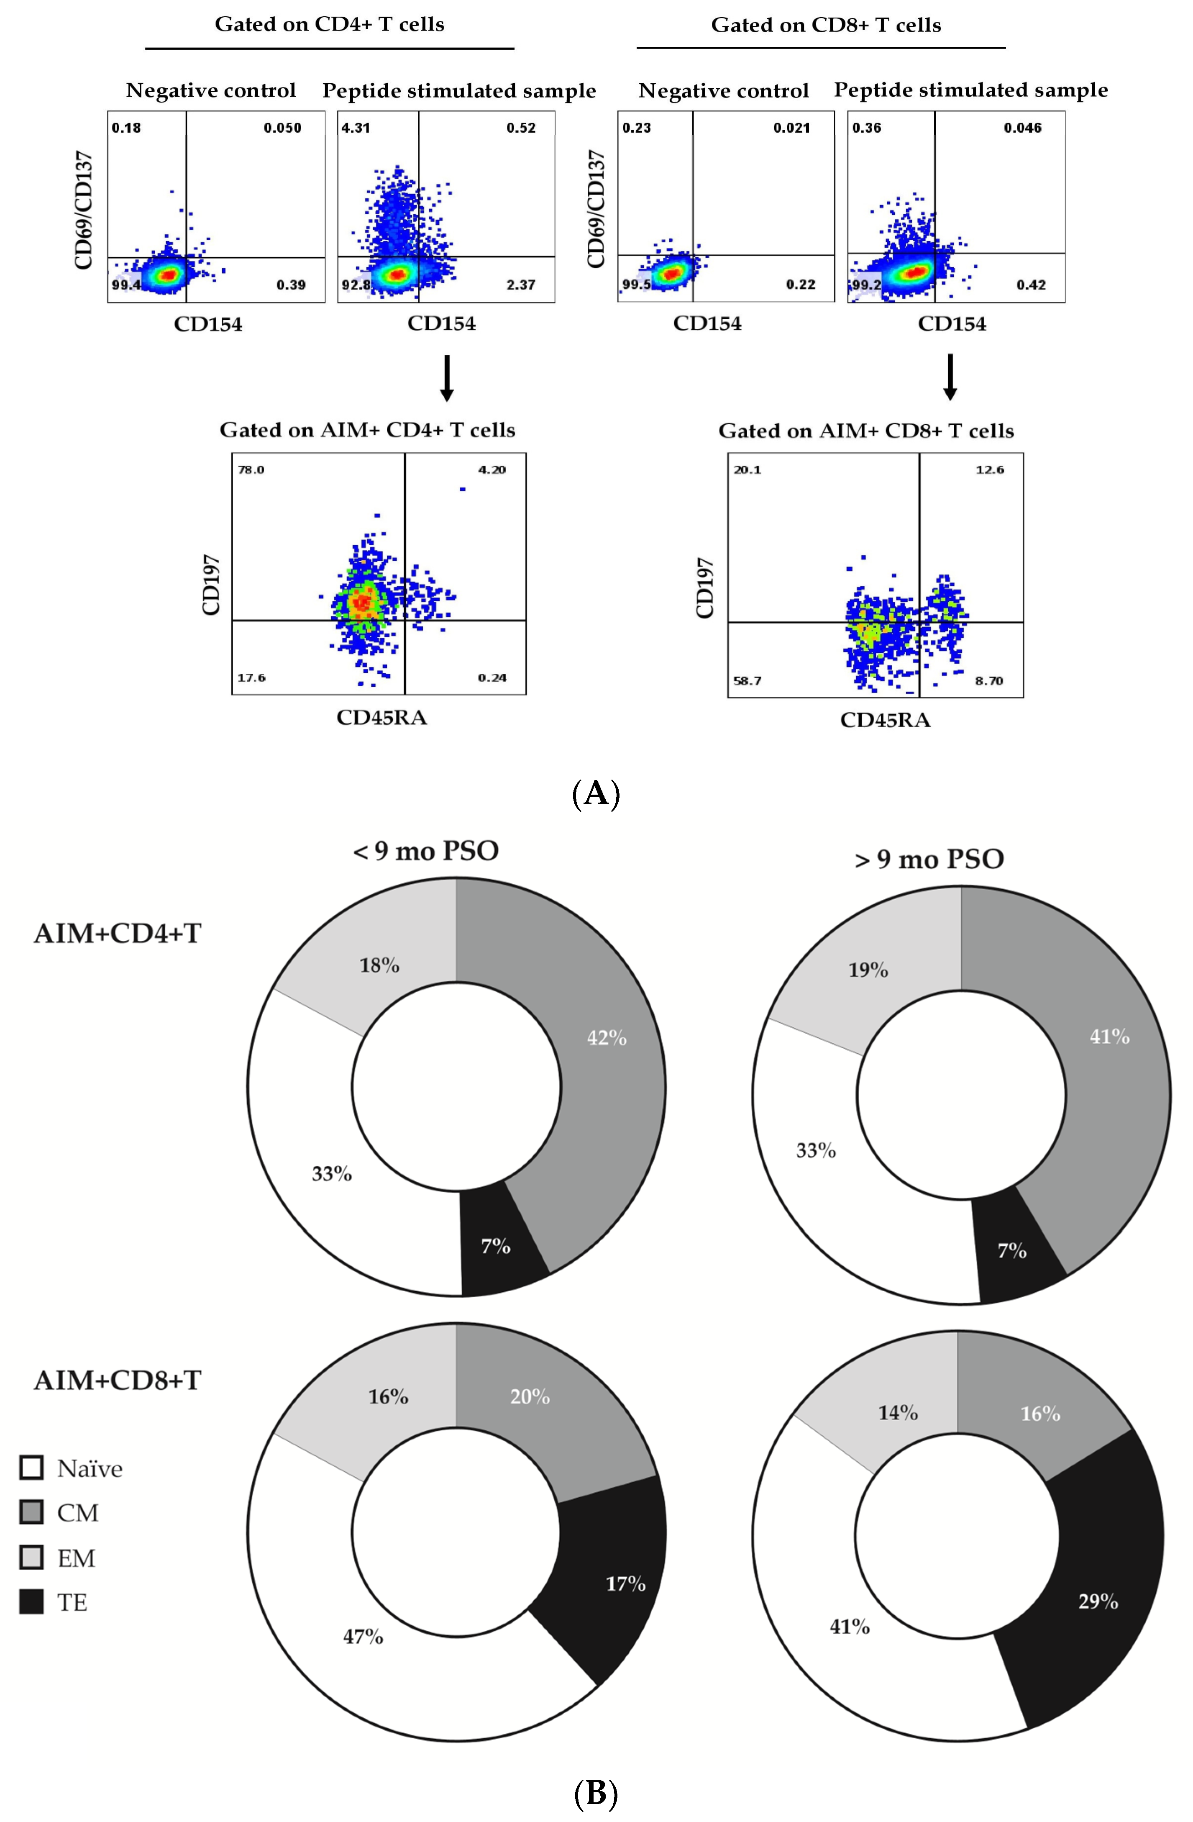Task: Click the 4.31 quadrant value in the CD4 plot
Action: [356, 128]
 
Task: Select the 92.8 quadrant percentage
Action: [356, 285]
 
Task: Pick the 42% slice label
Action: [607, 1038]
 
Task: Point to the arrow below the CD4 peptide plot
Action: [447, 377]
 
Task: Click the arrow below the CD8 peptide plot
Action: [950, 377]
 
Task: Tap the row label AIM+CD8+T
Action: [117, 1380]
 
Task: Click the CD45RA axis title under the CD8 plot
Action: [886, 720]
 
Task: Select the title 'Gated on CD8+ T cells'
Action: [826, 25]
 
